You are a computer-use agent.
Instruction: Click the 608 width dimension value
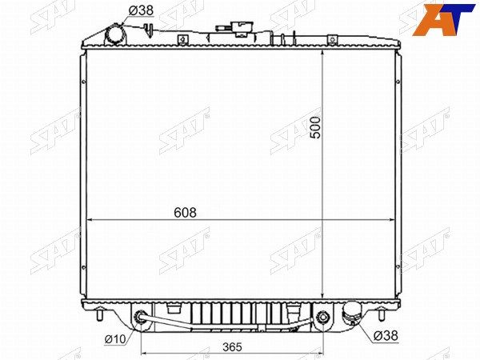(x=185, y=212)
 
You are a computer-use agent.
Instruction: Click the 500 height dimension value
(x=315, y=127)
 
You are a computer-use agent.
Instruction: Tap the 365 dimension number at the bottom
(x=232, y=347)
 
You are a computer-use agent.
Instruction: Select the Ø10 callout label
(x=115, y=339)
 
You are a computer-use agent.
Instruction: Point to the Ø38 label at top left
(x=141, y=10)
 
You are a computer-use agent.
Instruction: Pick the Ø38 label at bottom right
(x=386, y=336)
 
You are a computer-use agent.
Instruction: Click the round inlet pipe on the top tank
(x=114, y=34)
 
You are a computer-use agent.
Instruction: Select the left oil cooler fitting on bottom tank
(x=141, y=316)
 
